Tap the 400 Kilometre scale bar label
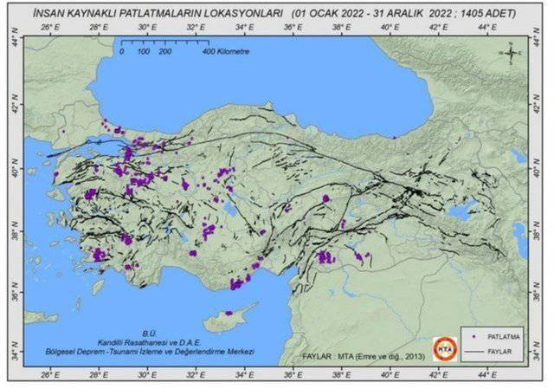click(x=226, y=52)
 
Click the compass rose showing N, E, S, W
click(x=512, y=54)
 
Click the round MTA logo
click(x=443, y=345)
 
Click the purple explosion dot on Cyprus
click(x=229, y=313)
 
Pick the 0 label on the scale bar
click(x=122, y=52)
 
